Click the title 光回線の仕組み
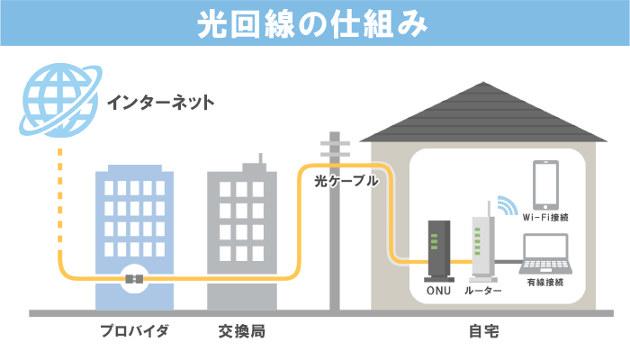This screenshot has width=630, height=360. coord(315,24)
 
